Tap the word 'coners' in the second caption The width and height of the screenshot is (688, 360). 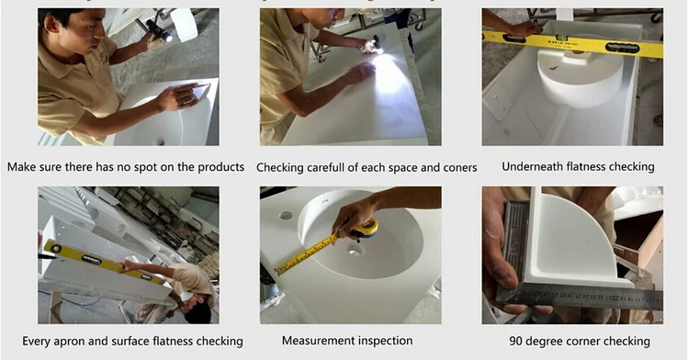(460, 167)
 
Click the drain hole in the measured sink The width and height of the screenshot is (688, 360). (355, 251)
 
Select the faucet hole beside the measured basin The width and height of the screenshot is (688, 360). (286, 215)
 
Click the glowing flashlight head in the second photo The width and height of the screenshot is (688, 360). (378, 48)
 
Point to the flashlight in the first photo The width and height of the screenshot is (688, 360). (160, 30)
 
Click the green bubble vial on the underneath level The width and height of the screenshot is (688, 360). (560, 39)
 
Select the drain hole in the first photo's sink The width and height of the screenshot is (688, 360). (161, 141)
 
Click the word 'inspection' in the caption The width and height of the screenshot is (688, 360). (386, 341)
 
